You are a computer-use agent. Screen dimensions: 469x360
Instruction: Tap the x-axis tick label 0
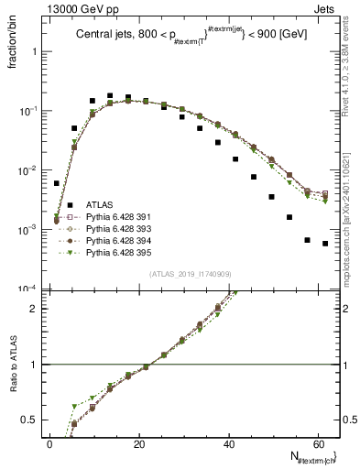coord(49,444)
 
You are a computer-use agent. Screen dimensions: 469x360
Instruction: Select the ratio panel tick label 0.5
coord(30,420)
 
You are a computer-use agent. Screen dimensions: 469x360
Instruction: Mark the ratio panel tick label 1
coord(33,365)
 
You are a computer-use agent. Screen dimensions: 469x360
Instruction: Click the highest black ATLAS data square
coord(110,95)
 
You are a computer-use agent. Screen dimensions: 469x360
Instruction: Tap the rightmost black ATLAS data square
coord(325,244)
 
